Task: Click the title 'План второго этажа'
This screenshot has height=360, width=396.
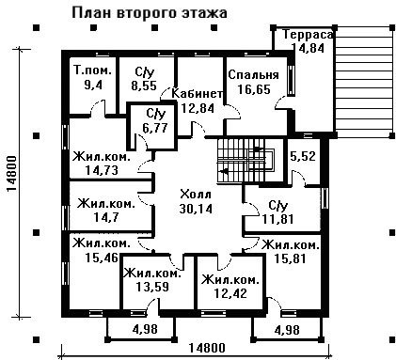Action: point(150,13)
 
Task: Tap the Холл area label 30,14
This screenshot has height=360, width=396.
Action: point(196,209)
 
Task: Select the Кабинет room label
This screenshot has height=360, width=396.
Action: point(198,93)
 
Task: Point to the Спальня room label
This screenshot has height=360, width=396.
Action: point(253,75)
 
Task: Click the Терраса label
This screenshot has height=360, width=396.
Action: point(308,34)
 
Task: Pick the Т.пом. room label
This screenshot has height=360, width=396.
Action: point(93,70)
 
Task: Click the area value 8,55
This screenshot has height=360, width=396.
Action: point(144,86)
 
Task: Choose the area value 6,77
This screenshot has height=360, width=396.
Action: point(155,128)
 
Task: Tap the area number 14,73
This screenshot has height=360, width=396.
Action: point(102,170)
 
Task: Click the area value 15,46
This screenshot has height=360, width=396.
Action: point(102,258)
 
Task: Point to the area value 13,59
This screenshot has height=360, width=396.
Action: point(152,287)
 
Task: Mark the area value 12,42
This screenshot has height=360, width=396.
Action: point(230,293)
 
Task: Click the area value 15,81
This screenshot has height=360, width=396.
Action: point(290,258)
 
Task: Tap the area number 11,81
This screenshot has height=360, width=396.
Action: point(277,219)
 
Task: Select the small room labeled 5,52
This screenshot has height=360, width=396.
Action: point(303,156)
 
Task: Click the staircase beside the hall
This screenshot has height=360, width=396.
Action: point(246,160)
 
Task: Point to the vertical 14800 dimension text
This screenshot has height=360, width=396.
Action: point(12,174)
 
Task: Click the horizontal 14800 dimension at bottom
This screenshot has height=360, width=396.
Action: point(207,348)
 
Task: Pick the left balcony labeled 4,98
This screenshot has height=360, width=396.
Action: point(141,329)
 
